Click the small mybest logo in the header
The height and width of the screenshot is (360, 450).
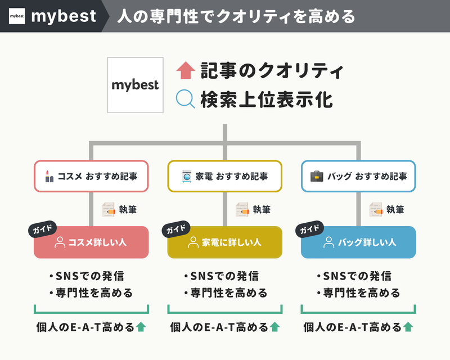[17, 16]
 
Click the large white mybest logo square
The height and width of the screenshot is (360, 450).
[136, 85]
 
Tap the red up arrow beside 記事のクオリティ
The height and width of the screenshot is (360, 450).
[186, 70]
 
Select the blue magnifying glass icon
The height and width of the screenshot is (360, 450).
[186, 99]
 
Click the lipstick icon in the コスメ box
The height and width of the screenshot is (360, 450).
[49, 176]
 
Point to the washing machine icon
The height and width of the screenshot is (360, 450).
[187, 176]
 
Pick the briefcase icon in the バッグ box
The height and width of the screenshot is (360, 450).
[317, 176]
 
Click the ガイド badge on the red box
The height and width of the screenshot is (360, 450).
[43, 229]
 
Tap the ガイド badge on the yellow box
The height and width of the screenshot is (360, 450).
[176, 229]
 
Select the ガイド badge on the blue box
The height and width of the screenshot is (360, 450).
[310, 229]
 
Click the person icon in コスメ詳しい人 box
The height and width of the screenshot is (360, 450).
[60, 242]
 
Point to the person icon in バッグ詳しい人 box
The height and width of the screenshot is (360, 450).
[328, 242]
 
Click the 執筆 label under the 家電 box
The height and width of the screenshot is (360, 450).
[262, 210]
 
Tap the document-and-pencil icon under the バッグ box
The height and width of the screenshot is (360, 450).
[376, 210]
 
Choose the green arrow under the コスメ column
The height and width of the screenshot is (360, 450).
[141, 327]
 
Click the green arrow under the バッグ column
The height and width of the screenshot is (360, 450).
[408, 327]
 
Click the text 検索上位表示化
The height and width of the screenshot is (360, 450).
[267, 100]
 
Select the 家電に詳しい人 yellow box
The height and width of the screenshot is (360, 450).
[224, 242]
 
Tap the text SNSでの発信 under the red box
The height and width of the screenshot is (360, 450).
[90, 276]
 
